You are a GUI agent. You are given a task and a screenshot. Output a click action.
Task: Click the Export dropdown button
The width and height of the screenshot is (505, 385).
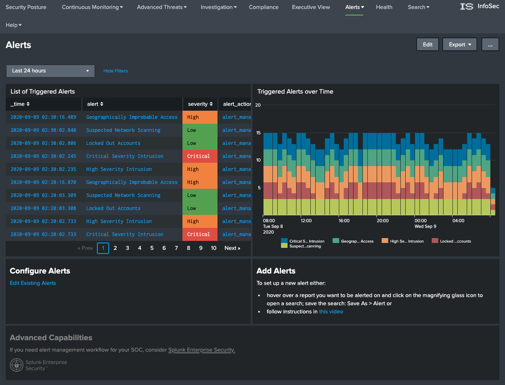[459, 45]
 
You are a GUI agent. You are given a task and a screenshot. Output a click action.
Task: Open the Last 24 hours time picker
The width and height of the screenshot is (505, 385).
[50, 71]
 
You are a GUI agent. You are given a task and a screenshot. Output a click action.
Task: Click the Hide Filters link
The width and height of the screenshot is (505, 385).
[116, 71]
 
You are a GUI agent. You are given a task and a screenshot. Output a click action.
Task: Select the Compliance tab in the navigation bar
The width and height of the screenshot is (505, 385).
[263, 7]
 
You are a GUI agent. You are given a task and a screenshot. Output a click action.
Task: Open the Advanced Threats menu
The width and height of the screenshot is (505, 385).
[162, 7]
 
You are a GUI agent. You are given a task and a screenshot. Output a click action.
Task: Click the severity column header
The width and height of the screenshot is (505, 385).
[200, 104]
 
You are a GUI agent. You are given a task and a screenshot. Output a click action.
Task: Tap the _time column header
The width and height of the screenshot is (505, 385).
[20, 104]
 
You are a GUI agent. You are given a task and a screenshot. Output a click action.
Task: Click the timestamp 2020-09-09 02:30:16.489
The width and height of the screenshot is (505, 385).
[43, 117]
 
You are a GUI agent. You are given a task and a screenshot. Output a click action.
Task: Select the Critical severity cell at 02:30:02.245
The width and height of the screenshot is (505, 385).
[199, 156]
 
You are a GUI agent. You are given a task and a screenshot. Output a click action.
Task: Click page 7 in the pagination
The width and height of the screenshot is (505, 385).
[176, 248]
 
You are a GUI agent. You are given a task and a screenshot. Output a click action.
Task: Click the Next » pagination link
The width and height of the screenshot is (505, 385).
[232, 248]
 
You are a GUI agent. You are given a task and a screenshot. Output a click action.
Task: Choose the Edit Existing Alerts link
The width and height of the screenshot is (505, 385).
[33, 283]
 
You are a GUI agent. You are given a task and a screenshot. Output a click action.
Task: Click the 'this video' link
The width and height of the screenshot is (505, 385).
[331, 312]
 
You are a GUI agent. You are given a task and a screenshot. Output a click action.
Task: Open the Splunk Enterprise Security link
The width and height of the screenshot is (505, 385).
[202, 350]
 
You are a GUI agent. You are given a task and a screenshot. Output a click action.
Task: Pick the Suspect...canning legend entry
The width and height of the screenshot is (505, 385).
[301, 246]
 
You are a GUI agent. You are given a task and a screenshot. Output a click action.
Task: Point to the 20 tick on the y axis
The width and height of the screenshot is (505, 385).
[258, 105]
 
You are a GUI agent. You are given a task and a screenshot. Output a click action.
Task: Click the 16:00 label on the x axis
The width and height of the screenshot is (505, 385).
[344, 221]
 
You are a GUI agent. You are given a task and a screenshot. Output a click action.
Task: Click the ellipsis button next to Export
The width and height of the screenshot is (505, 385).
[490, 45]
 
